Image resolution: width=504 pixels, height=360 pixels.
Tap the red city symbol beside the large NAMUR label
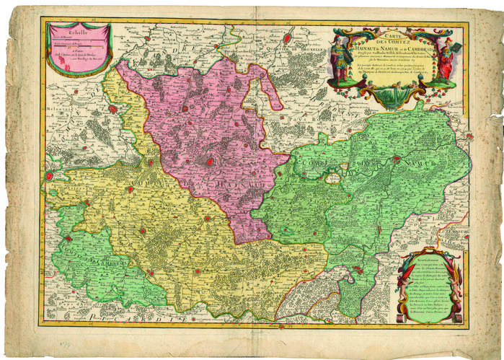point(334,176)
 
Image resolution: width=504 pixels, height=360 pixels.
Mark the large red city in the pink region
point(210,161)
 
